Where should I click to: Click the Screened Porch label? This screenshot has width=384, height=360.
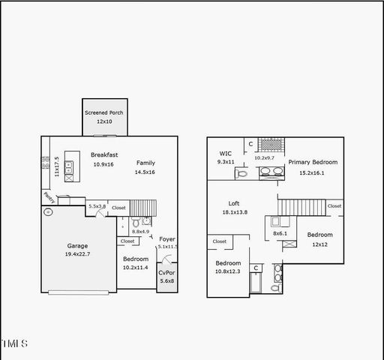click(x=103, y=112)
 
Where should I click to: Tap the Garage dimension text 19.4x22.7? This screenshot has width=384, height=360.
click(x=78, y=255)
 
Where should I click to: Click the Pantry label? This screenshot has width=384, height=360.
click(x=47, y=197)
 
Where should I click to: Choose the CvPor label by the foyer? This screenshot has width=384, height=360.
click(x=166, y=272)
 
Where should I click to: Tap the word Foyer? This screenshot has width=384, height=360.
click(x=166, y=238)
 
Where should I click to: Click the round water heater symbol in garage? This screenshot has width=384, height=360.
click(x=48, y=212)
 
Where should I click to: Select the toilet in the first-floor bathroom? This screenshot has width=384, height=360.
click(x=136, y=223)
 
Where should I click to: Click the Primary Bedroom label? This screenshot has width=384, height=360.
click(x=313, y=162)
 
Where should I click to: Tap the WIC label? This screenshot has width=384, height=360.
click(x=225, y=153)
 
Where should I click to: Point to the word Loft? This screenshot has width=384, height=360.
click(x=235, y=203)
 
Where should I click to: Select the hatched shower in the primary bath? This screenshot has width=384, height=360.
click(x=271, y=145)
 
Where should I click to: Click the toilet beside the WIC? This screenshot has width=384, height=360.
click(x=241, y=173)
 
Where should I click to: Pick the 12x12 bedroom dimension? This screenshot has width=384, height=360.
click(x=319, y=244)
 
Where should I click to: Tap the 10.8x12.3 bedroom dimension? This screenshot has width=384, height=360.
click(x=228, y=272)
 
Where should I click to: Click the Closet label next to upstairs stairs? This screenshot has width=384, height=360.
click(x=334, y=205)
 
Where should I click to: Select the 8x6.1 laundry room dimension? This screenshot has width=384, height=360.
click(x=279, y=233)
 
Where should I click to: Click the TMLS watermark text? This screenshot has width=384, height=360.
click(x=14, y=343)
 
